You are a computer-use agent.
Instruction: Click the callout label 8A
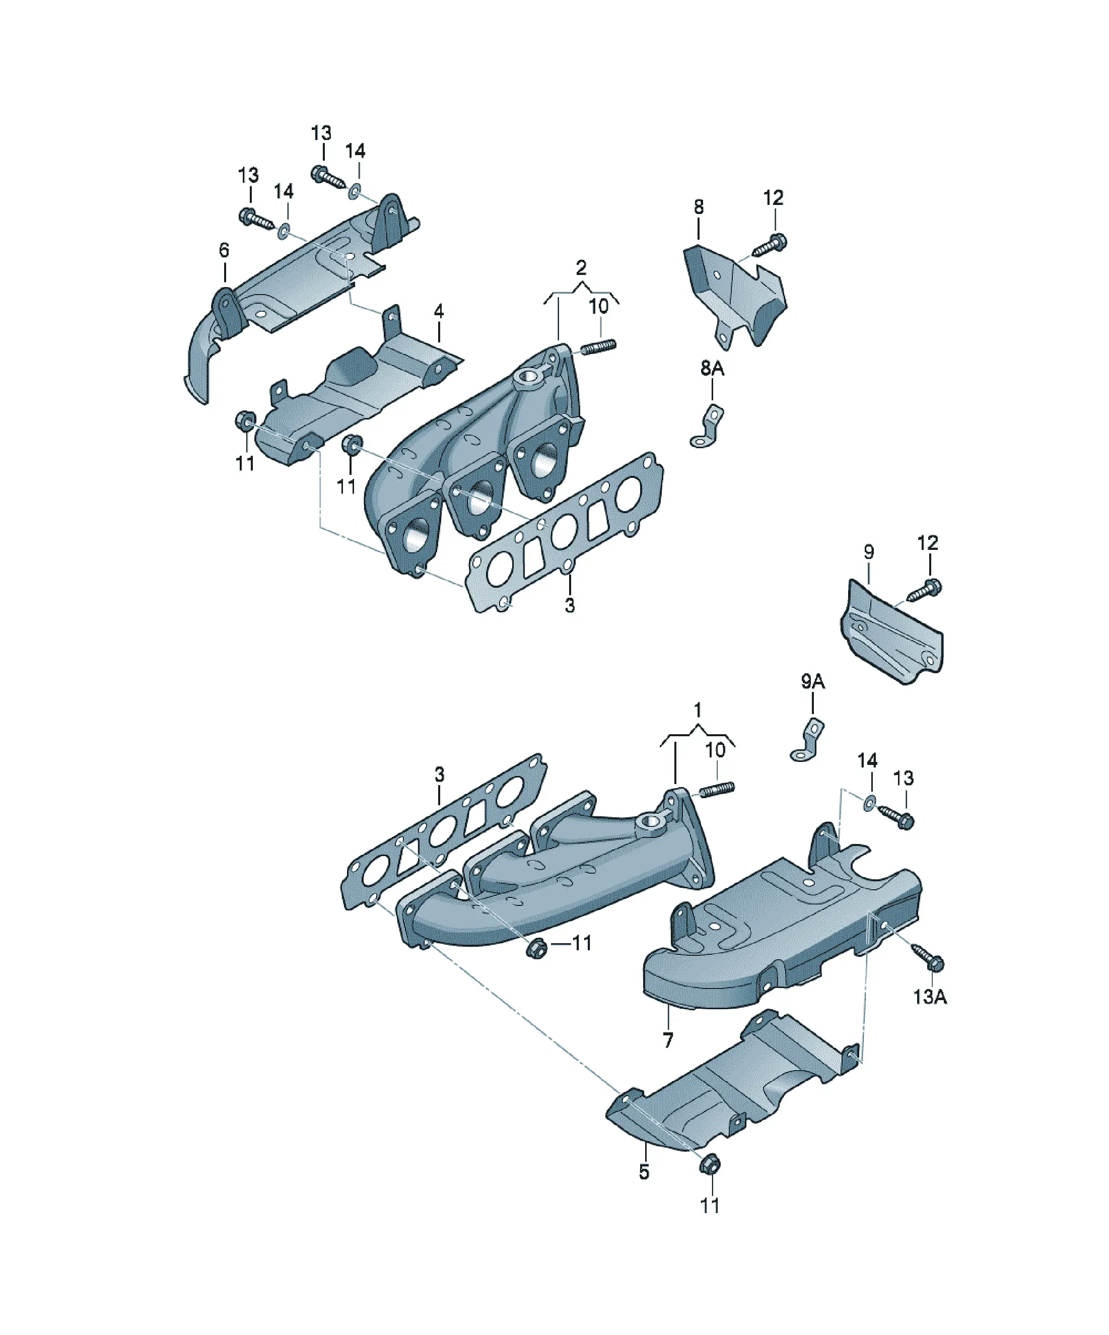tap(712, 368)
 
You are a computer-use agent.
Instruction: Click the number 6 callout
tap(224, 250)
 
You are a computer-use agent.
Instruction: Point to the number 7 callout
tap(668, 1041)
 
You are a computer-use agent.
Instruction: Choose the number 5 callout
tap(644, 1172)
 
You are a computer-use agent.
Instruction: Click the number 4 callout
tap(438, 312)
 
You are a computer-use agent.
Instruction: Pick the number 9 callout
tap(869, 552)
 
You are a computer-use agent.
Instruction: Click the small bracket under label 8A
tap(709, 427)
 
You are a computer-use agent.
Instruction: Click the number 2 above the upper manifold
tap(581, 267)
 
